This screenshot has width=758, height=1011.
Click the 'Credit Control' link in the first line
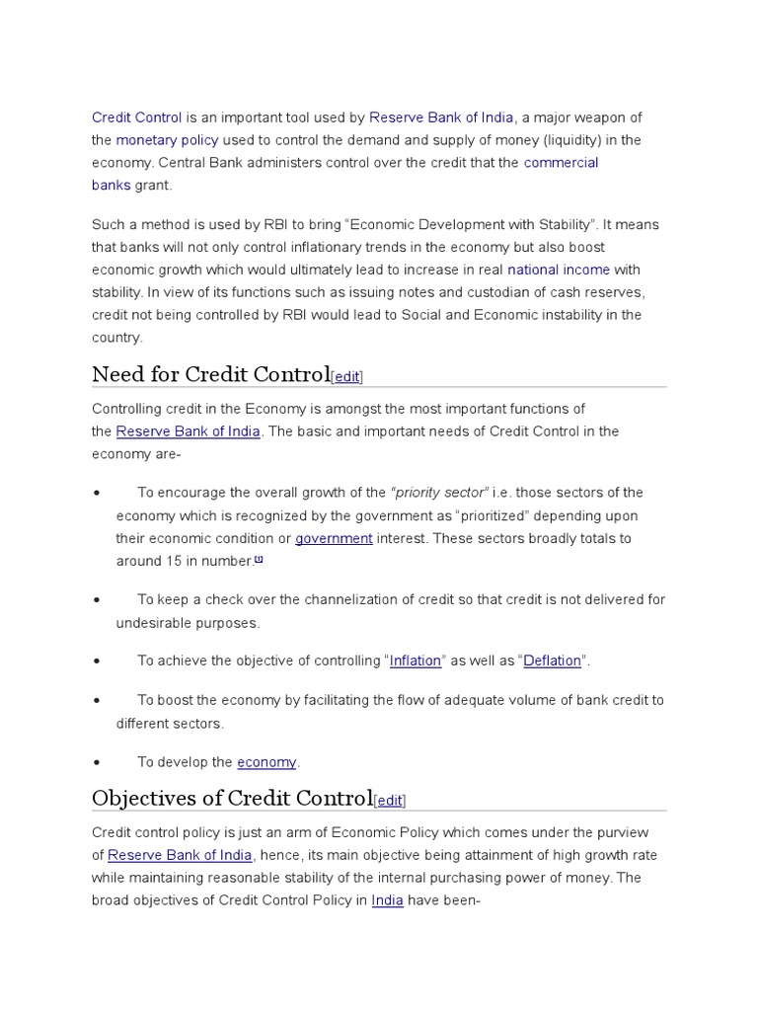[137, 117]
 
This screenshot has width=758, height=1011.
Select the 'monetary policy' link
[167, 140]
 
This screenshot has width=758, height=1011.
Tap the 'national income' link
[559, 270]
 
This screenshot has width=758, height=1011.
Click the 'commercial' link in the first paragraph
[561, 163]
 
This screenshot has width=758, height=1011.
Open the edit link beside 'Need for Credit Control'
[347, 376]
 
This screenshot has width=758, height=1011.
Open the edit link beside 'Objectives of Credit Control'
[390, 801]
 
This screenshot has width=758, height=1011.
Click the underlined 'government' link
[334, 539]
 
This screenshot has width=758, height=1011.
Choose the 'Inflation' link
[415, 661]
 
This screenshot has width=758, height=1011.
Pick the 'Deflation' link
[552, 661]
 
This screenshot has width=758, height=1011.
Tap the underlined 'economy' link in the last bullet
[266, 762]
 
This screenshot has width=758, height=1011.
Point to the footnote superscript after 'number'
[259, 559]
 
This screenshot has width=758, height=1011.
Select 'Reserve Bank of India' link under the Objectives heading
[181, 855]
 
